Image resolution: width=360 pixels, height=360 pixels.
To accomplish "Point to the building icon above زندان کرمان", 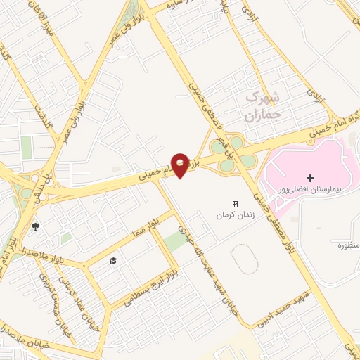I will (235, 204).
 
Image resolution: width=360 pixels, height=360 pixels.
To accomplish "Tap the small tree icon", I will (36, 226).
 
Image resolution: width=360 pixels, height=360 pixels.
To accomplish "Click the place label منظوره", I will (348, 246).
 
